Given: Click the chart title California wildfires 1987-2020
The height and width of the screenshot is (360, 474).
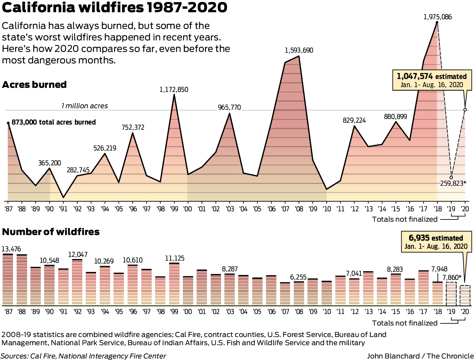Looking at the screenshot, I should click(x=114, y=8).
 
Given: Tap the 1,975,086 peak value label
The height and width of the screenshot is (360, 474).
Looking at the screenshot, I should click(x=437, y=17).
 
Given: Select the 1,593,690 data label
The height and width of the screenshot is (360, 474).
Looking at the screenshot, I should click(x=299, y=50).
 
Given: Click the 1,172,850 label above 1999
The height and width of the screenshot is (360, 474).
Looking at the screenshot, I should click(x=174, y=89).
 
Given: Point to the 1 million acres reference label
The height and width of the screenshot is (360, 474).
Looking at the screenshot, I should click(x=85, y=106).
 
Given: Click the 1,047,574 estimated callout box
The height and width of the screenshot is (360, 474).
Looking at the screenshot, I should click(x=432, y=80).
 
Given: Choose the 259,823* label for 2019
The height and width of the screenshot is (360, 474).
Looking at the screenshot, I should click(x=453, y=183).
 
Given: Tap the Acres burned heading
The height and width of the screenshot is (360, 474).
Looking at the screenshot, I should click(x=34, y=85).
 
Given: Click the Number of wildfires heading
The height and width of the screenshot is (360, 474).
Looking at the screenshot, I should click(x=51, y=232).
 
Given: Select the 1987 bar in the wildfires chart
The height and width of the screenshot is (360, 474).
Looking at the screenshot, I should click(x=8, y=280).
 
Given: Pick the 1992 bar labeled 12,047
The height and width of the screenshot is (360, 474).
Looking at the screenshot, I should click(x=77, y=282).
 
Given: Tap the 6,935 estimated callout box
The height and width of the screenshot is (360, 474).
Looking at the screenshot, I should click(x=436, y=242).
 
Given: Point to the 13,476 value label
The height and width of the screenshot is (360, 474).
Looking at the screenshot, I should click(x=11, y=249).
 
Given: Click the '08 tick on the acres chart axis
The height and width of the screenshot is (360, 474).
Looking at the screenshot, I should click(x=299, y=209).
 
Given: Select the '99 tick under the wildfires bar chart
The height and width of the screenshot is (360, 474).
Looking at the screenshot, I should click(x=174, y=311).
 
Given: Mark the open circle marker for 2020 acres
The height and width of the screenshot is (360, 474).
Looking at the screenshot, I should click(x=465, y=110).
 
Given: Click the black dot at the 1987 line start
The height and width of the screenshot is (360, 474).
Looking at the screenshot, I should click(x=8, y=122).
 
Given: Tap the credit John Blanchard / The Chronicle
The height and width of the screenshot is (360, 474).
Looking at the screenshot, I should click(x=420, y=356).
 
